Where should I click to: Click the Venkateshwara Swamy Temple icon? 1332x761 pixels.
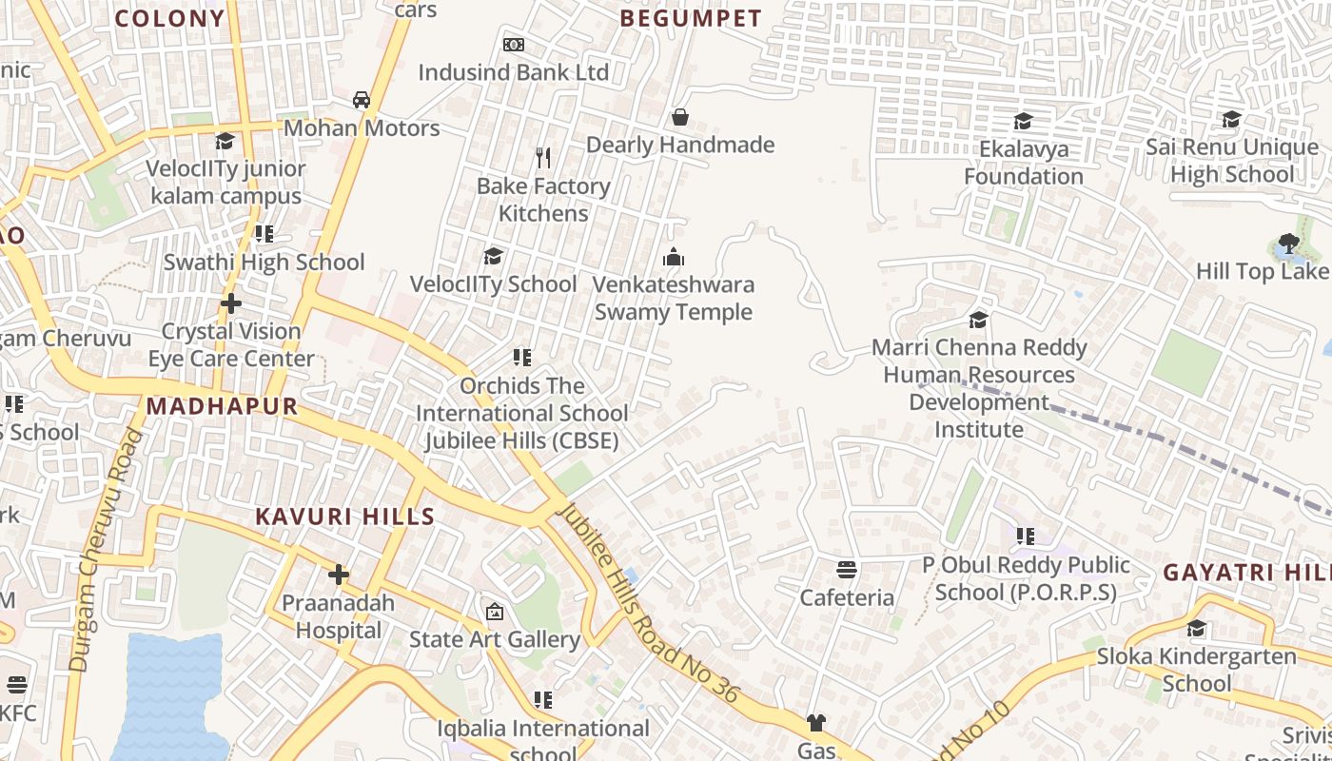[x=674, y=257]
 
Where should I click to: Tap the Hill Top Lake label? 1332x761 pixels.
[x=1261, y=271]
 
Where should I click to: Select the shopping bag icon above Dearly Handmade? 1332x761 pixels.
[x=680, y=117]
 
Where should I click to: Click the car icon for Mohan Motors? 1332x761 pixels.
[x=362, y=100]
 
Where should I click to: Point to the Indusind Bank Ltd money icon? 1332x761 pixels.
[x=514, y=45]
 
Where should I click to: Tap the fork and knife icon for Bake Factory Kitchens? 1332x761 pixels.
[x=543, y=157]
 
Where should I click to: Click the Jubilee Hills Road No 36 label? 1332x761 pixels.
[x=647, y=603]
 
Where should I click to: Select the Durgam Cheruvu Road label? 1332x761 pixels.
[x=104, y=552]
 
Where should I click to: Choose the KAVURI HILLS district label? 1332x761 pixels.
[x=344, y=517]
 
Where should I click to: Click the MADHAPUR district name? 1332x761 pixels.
[x=222, y=407]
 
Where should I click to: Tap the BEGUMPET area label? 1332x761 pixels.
[x=691, y=19]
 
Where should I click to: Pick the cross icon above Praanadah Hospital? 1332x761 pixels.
[x=338, y=575]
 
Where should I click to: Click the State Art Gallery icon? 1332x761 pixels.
[x=494, y=612]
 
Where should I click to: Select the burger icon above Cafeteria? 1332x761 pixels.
[x=847, y=570]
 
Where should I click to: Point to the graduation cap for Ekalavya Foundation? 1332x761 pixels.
[x=1023, y=122]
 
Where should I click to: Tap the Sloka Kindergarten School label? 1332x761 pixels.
[x=1196, y=670]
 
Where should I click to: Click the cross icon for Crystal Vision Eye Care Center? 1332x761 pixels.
[x=230, y=303]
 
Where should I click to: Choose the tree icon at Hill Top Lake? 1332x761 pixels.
[x=1289, y=244]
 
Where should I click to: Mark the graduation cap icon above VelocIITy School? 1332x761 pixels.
[x=493, y=256]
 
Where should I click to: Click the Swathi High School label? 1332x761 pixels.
[x=264, y=263]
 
